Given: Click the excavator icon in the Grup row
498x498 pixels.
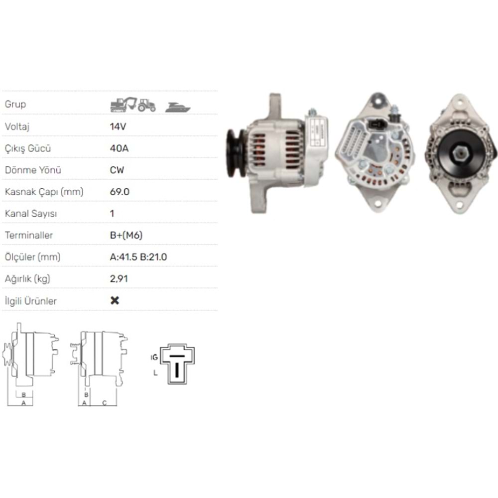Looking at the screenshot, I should (123, 105).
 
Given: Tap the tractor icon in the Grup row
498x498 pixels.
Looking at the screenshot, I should (147, 105).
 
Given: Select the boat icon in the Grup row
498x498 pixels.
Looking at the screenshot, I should (178, 107).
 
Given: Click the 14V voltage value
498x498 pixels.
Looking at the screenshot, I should (118, 126).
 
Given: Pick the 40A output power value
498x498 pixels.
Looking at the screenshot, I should (119, 148).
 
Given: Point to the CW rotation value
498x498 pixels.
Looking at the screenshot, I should (117, 170).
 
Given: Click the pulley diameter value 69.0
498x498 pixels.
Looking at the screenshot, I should (120, 192).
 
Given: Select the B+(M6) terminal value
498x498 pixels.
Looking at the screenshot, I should (126, 235).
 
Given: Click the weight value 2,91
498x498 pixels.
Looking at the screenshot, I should (119, 279).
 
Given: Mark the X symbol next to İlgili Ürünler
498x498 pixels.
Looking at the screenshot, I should (115, 301).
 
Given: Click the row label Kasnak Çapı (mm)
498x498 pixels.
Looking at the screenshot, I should (44, 192).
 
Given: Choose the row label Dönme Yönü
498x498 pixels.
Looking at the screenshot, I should (33, 170).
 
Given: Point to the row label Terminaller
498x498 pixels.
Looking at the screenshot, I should (28, 235).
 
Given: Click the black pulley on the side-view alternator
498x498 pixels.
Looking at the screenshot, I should (236, 153).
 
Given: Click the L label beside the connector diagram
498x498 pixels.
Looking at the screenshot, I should (155, 373).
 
